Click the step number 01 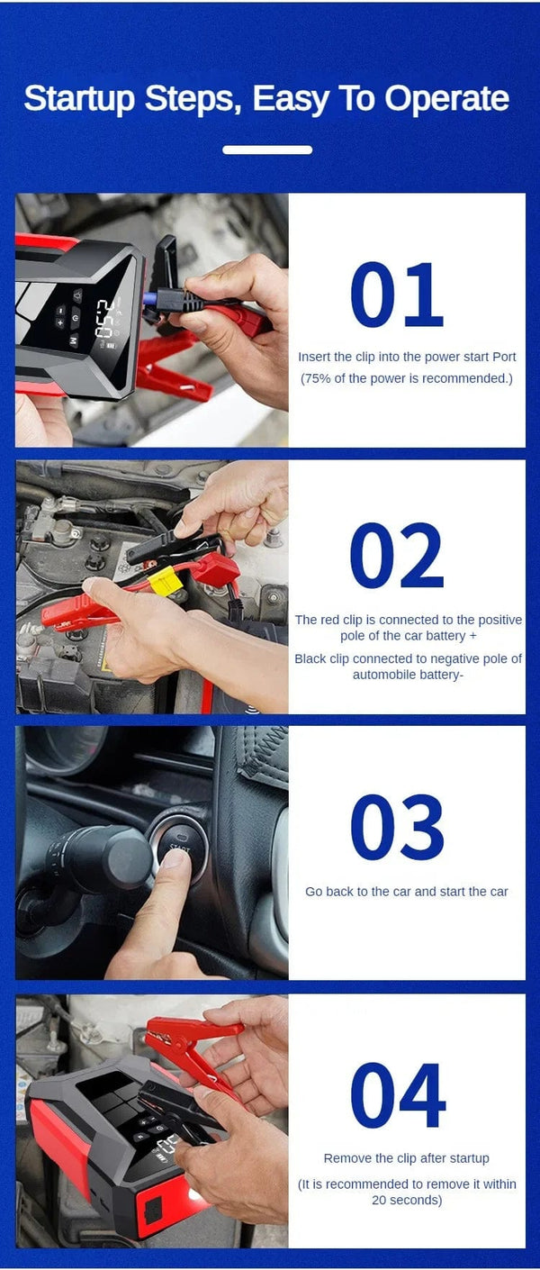coord(396,295)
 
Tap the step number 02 coord(396,556)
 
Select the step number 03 coord(396,828)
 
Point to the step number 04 coord(397,1095)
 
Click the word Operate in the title coord(447,98)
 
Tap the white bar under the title coord(267,150)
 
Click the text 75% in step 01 coord(316,378)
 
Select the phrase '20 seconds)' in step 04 coord(407,1200)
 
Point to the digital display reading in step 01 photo coord(104,319)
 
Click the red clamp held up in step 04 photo coord(193,1036)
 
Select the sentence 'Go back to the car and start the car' coord(406,892)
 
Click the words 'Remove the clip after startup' coord(406,1158)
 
